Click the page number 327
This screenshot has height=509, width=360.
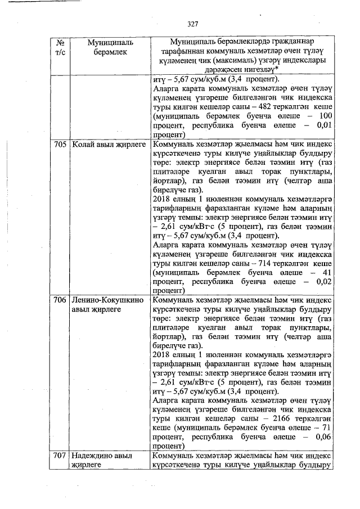click(x=193, y=24)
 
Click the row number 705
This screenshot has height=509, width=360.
click(x=60, y=145)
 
